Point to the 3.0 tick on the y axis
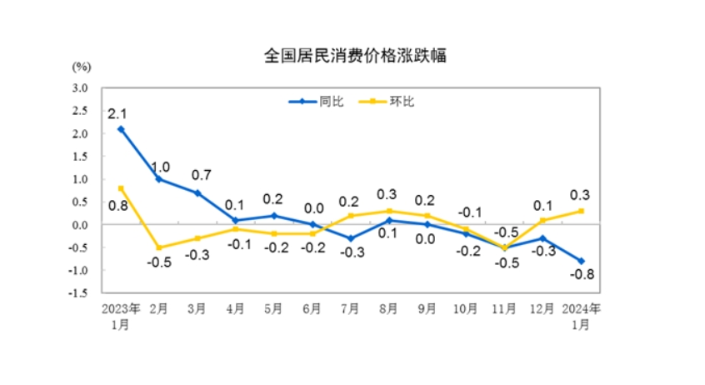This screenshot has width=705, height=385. click(x=80, y=87)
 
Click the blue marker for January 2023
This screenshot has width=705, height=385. click(x=121, y=129)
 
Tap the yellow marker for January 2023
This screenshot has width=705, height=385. click(x=121, y=188)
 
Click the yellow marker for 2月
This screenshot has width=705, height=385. click(x=159, y=247)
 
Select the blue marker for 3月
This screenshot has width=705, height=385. click(x=197, y=192)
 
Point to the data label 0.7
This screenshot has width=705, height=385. click(x=202, y=175)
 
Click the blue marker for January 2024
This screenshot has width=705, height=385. click(x=581, y=261)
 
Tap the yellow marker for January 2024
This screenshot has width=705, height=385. click(x=581, y=211)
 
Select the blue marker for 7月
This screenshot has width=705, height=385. click(x=351, y=238)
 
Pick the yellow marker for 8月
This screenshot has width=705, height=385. click(x=389, y=211)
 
